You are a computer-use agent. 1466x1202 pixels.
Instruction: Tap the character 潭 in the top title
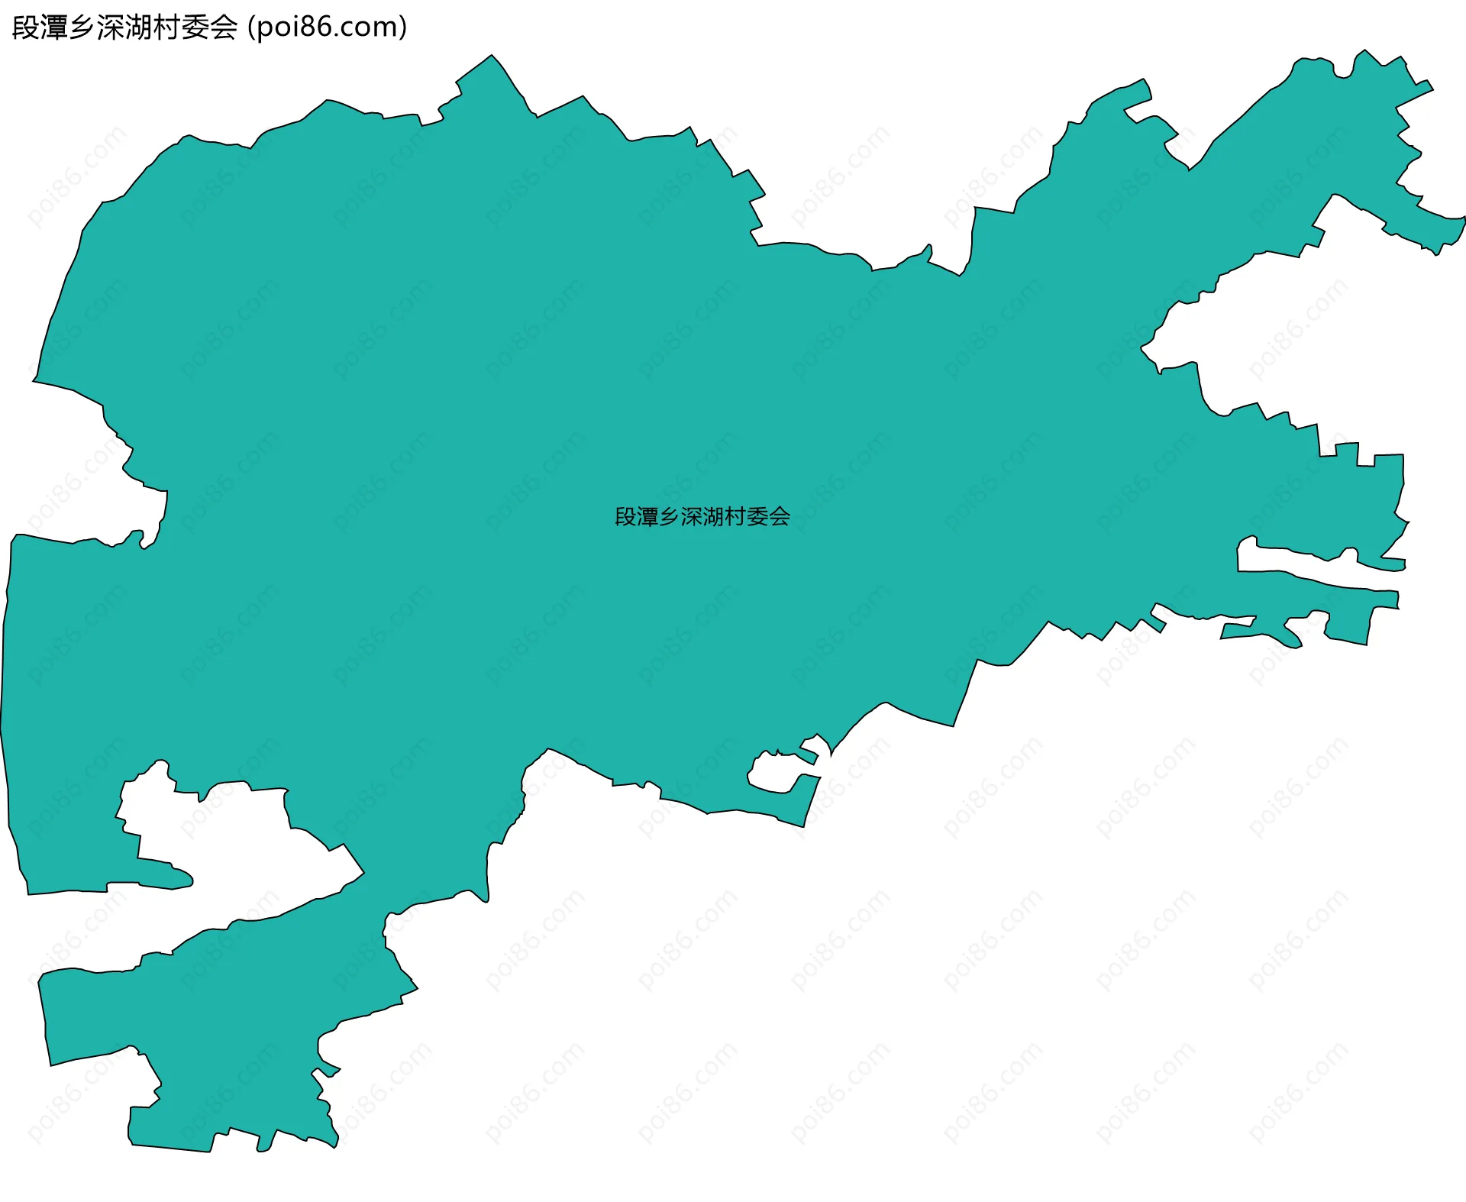(54, 27)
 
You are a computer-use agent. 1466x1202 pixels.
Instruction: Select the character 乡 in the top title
(82, 27)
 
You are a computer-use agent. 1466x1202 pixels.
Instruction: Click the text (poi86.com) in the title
(328, 27)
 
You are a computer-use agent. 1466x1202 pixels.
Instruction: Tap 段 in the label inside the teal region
(625, 517)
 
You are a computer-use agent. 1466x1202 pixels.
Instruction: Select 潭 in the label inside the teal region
(647, 517)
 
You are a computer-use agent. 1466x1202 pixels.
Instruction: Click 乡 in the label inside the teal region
(670, 517)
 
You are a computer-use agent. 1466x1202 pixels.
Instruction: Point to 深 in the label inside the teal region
(692, 517)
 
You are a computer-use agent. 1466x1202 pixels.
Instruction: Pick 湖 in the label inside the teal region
(714, 517)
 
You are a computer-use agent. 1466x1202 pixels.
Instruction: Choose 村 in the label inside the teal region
(735, 517)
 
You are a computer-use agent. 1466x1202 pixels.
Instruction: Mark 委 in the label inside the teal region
(757, 517)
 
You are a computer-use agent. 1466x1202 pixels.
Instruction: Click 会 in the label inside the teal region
(780, 517)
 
